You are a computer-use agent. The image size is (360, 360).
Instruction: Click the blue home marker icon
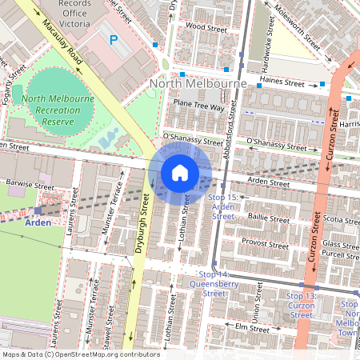coord(180,173)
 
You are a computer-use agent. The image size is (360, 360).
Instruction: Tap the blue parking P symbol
coord(114,38)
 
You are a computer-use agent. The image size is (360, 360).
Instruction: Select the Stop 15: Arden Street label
coord(222,206)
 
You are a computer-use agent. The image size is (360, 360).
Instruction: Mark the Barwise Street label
coord(24,183)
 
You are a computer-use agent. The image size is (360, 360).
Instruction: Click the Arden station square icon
coord(38,210)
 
